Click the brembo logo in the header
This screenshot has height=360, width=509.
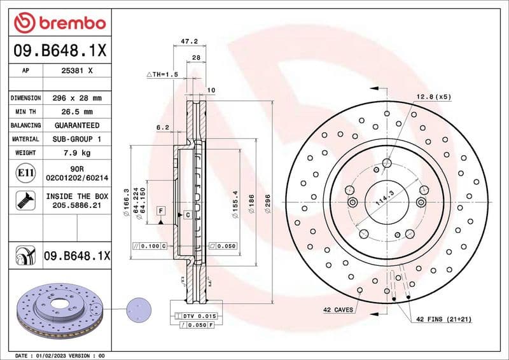tap(60, 24)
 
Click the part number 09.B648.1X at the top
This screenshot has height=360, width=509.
tap(60, 50)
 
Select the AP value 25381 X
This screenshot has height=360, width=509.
tap(78, 71)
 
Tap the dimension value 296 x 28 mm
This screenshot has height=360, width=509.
tap(78, 98)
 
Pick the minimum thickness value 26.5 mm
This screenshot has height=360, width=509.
tap(78, 112)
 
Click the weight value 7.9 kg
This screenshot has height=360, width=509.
tap(78, 153)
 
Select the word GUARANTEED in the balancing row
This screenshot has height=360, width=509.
tap(78, 125)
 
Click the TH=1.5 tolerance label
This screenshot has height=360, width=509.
tap(163, 74)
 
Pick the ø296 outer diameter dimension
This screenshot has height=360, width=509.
tap(268, 205)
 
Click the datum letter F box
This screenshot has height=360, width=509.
tap(161, 211)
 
